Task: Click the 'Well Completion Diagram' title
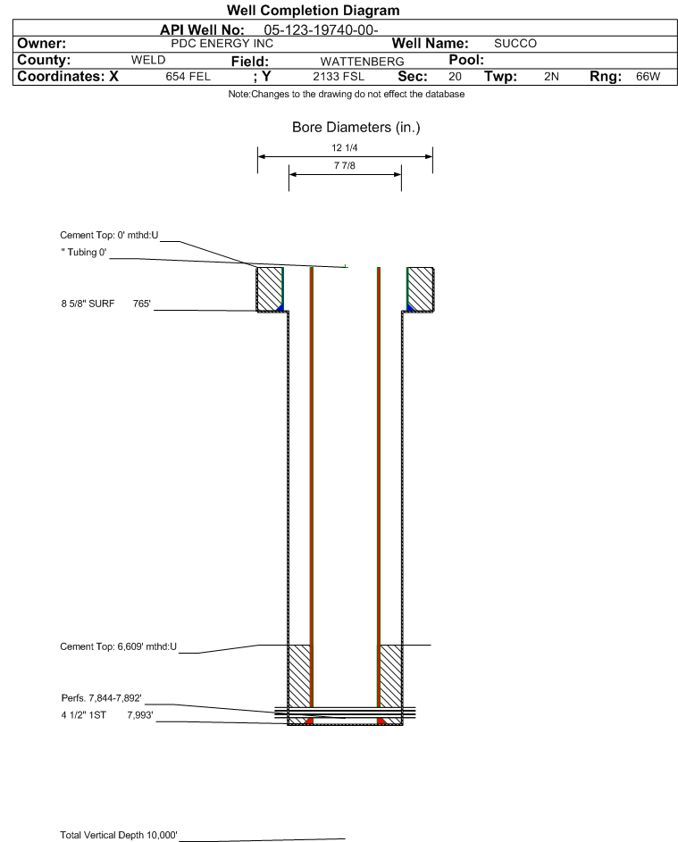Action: (x=314, y=10)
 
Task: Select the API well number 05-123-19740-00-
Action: (x=321, y=30)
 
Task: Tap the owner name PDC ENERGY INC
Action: (x=222, y=44)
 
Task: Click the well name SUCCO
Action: (x=515, y=44)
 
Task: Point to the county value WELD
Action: (x=148, y=60)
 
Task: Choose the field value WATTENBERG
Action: (x=362, y=62)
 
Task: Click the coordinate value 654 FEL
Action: (x=188, y=77)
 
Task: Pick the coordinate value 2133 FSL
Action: (x=339, y=77)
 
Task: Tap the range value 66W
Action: (x=648, y=77)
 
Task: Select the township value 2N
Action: (x=552, y=77)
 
